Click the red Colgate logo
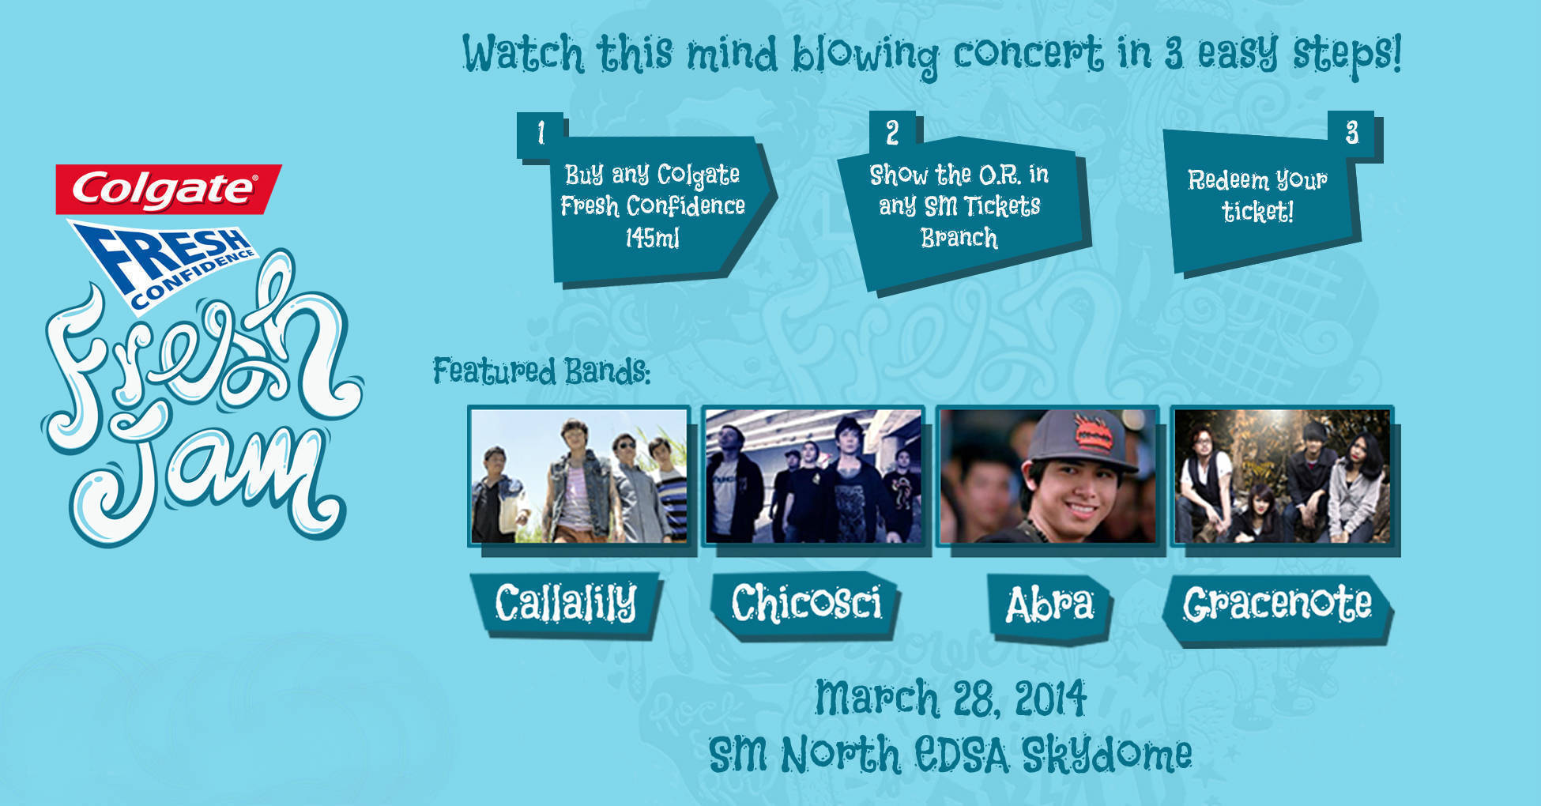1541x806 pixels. tap(168, 189)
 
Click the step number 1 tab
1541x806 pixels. tap(541, 134)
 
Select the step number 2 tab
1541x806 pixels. tap(893, 132)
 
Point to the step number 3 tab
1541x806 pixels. tap(1351, 133)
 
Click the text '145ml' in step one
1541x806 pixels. tap(653, 238)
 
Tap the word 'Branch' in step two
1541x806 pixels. tap(959, 238)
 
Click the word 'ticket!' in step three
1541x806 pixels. tap(1257, 212)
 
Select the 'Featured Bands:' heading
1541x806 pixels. tap(541, 371)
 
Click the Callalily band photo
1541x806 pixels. tap(578, 476)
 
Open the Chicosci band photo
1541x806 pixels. tap(812, 476)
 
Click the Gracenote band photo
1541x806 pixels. tap(1282, 476)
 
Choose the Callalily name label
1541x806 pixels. tap(566, 604)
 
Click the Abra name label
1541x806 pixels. tap(1049, 607)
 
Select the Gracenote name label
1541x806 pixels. tap(1278, 607)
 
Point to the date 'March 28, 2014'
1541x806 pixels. tap(951, 699)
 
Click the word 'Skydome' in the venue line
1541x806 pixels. tap(1106, 754)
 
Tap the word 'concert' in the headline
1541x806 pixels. tap(1028, 54)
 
